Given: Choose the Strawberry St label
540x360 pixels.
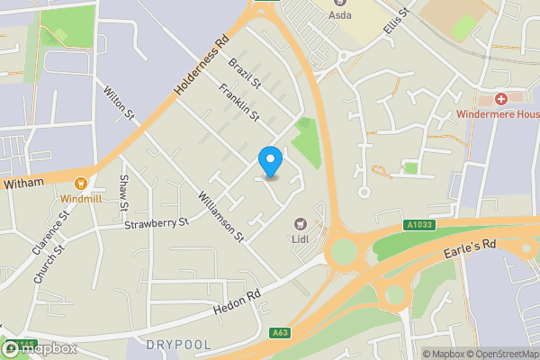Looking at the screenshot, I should click(157, 223).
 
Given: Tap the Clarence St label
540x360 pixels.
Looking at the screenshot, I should click(63, 230).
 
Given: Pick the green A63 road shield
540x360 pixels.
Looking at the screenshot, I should click(280, 333).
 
